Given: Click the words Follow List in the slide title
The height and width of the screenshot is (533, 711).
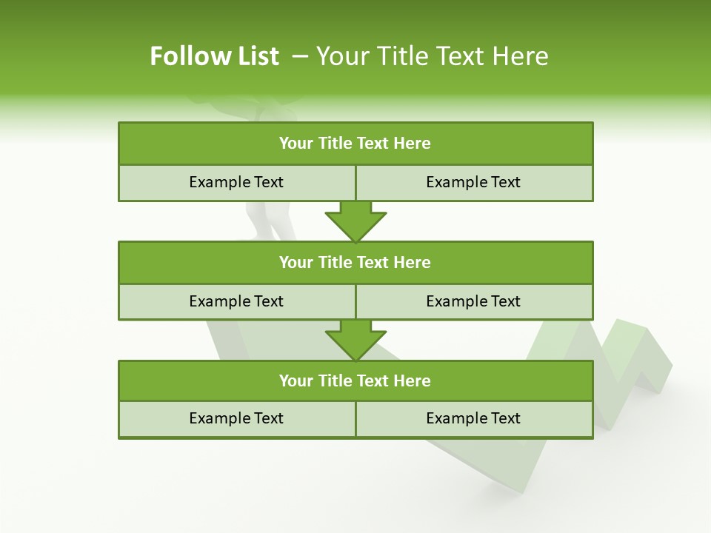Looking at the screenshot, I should pyautogui.click(x=214, y=56).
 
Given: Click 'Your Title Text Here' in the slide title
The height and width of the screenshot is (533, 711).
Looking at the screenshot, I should pyautogui.click(x=432, y=56).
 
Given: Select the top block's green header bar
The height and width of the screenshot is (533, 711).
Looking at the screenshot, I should pyautogui.click(x=355, y=143).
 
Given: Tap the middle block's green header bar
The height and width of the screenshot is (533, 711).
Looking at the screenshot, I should pyautogui.click(x=355, y=262).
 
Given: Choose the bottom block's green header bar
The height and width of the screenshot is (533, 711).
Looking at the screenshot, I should pyautogui.click(x=355, y=381).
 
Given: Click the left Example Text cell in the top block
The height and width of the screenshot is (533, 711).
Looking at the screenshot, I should pyautogui.click(x=236, y=182).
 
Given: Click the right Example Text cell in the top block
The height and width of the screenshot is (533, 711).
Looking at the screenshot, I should pyautogui.click(x=473, y=182).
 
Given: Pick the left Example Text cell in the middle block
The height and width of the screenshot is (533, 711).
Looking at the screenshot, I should pyautogui.click(x=236, y=301).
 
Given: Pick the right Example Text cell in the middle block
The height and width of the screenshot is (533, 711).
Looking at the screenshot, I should pyautogui.click(x=473, y=301).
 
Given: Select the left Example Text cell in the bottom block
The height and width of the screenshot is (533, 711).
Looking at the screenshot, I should pyautogui.click(x=236, y=418).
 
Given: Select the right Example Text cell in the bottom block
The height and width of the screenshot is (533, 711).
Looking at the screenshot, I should pyautogui.click(x=473, y=418).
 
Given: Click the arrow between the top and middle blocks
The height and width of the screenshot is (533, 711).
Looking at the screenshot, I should pyautogui.click(x=355, y=221).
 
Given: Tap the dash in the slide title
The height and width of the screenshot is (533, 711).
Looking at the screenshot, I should pyautogui.click(x=300, y=56).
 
